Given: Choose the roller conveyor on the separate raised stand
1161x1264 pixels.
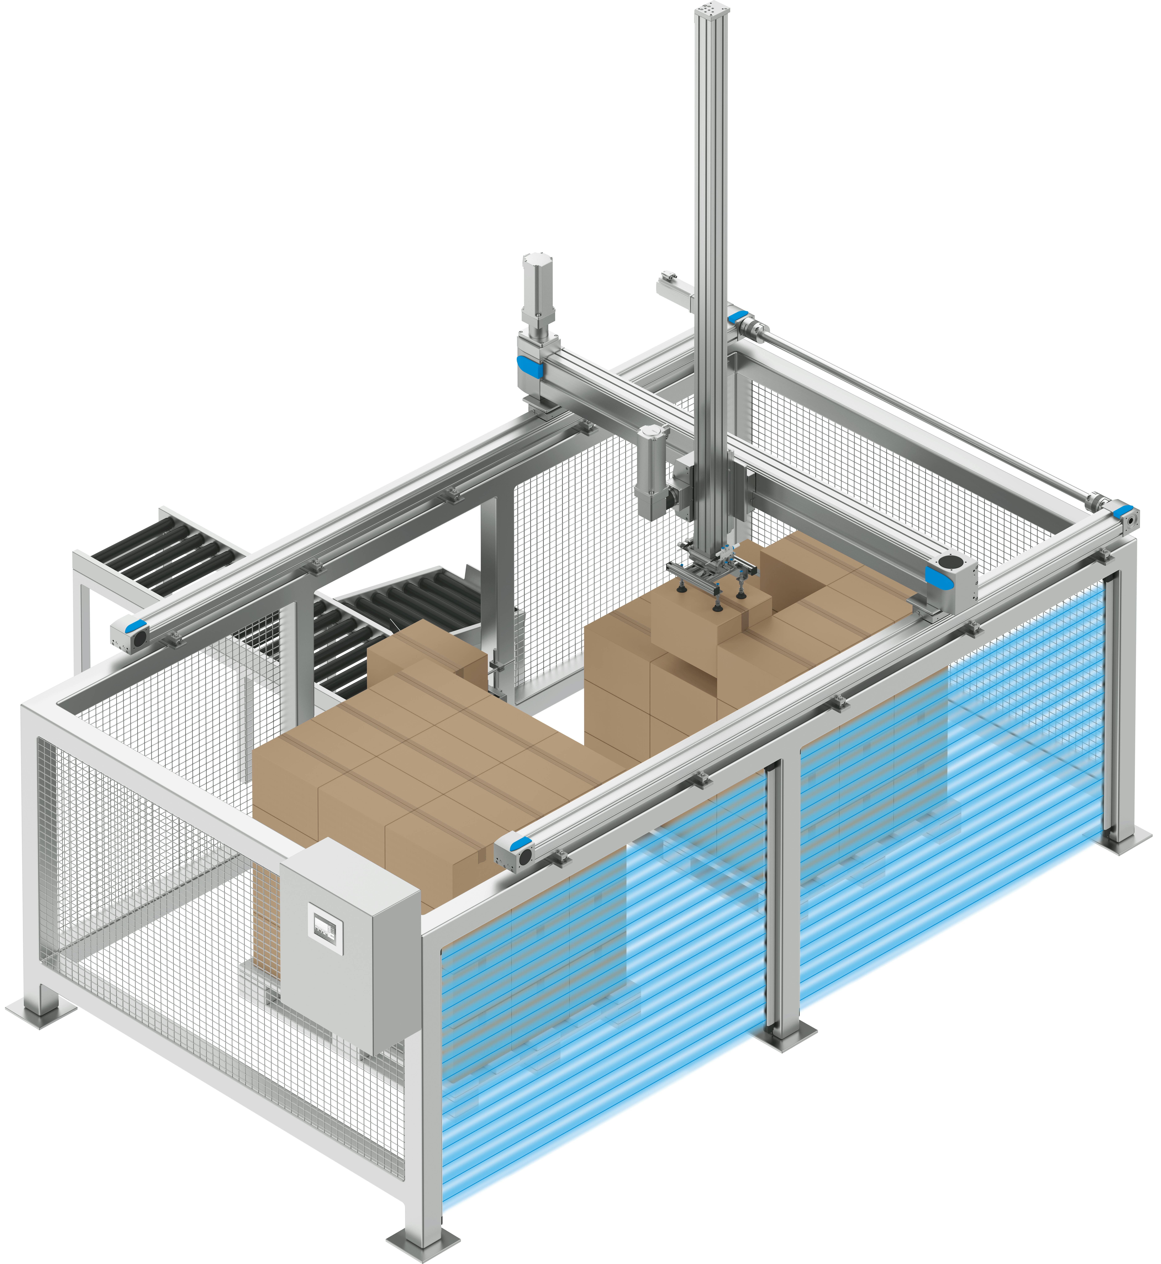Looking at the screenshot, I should coord(166,553).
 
